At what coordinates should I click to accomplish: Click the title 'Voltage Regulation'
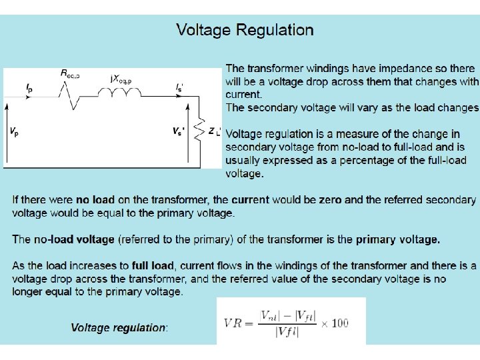245,30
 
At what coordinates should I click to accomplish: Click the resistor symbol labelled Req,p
71,97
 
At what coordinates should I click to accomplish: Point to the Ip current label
29,87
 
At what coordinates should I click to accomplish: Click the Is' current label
180,87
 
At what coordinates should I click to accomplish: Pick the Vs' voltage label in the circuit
179,132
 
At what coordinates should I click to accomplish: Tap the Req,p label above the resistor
70,74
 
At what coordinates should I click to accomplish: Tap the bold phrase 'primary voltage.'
398,239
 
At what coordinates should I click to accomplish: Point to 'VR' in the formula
234,323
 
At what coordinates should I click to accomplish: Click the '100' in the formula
339,323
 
